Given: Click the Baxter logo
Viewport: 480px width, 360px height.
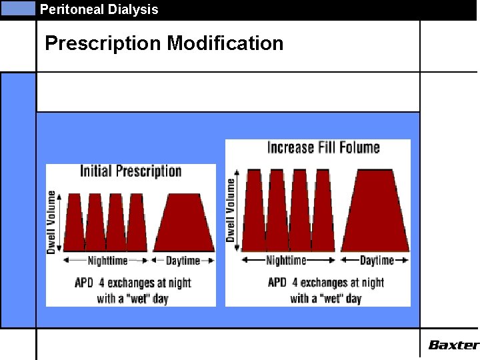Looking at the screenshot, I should click(x=453, y=345).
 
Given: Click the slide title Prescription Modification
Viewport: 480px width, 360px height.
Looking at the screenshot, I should click(x=164, y=44).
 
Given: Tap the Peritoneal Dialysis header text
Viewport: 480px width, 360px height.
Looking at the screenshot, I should click(x=99, y=9).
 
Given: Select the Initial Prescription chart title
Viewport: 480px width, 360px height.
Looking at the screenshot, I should click(x=131, y=171).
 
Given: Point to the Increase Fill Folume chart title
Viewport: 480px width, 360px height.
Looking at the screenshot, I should click(x=323, y=147).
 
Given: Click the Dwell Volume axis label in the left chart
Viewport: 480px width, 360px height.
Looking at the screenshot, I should click(x=51, y=222).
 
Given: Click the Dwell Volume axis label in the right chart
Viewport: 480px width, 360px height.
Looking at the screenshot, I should click(x=231, y=209).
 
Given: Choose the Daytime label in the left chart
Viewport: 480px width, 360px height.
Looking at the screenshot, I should click(x=183, y=260).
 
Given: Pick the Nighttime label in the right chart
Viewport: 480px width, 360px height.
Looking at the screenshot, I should click(x=286, y=260).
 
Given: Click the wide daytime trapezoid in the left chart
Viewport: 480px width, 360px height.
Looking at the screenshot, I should click(x=184, y=223).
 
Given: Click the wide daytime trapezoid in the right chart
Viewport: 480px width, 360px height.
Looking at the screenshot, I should click(x=375, y=212).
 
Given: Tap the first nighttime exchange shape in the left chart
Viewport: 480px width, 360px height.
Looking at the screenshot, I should click(x=74, y=223).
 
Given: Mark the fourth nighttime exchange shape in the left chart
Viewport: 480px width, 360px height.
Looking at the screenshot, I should click(x=137, y=223).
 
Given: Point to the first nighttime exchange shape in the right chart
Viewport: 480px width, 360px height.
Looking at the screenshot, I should click(x=254, y=212).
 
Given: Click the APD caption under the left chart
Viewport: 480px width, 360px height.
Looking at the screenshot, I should click(x=133, y=290).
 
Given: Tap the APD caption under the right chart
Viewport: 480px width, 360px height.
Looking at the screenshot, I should click(x=325, y=290).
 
